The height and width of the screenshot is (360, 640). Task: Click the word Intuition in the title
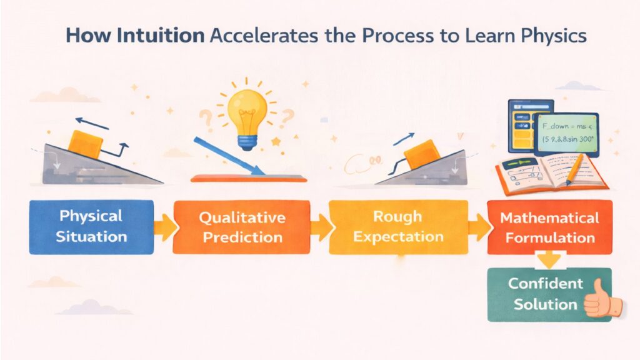[169, 35]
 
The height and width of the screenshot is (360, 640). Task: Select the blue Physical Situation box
[91, 226]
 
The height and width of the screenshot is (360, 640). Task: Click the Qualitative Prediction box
[241, 226]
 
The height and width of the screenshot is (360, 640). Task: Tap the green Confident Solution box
[541, 294]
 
